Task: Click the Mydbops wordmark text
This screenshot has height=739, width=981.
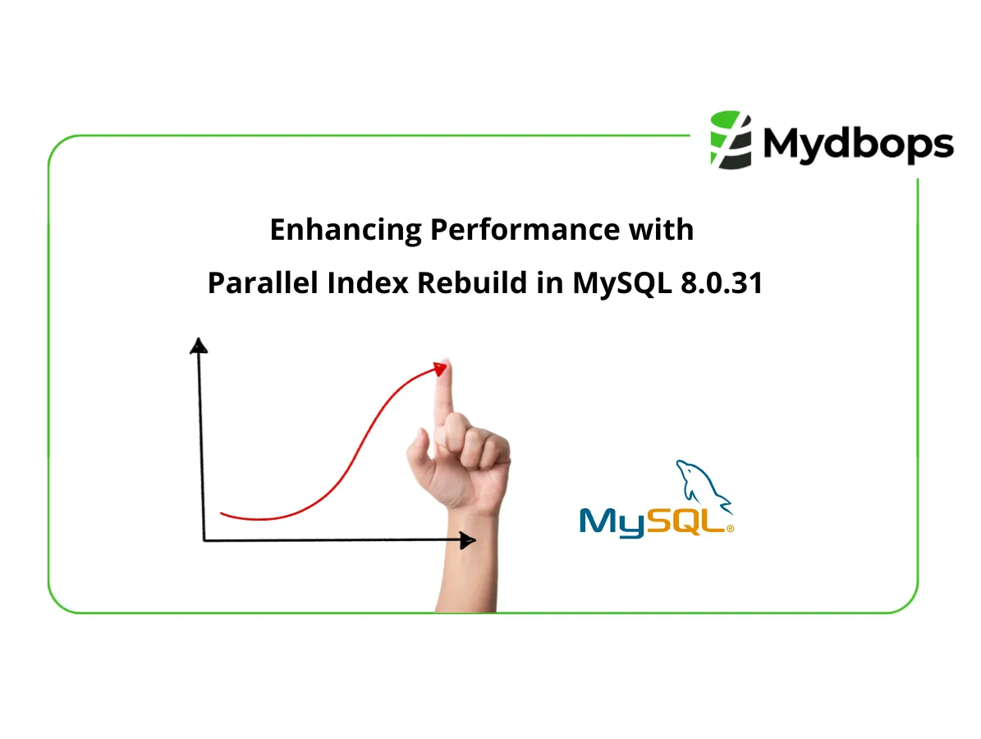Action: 858,145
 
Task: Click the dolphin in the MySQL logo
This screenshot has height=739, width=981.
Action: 702,488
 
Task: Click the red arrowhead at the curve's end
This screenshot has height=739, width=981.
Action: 441,369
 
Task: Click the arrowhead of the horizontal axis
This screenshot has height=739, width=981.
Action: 467,540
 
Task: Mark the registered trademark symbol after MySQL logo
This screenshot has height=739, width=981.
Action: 730,530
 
